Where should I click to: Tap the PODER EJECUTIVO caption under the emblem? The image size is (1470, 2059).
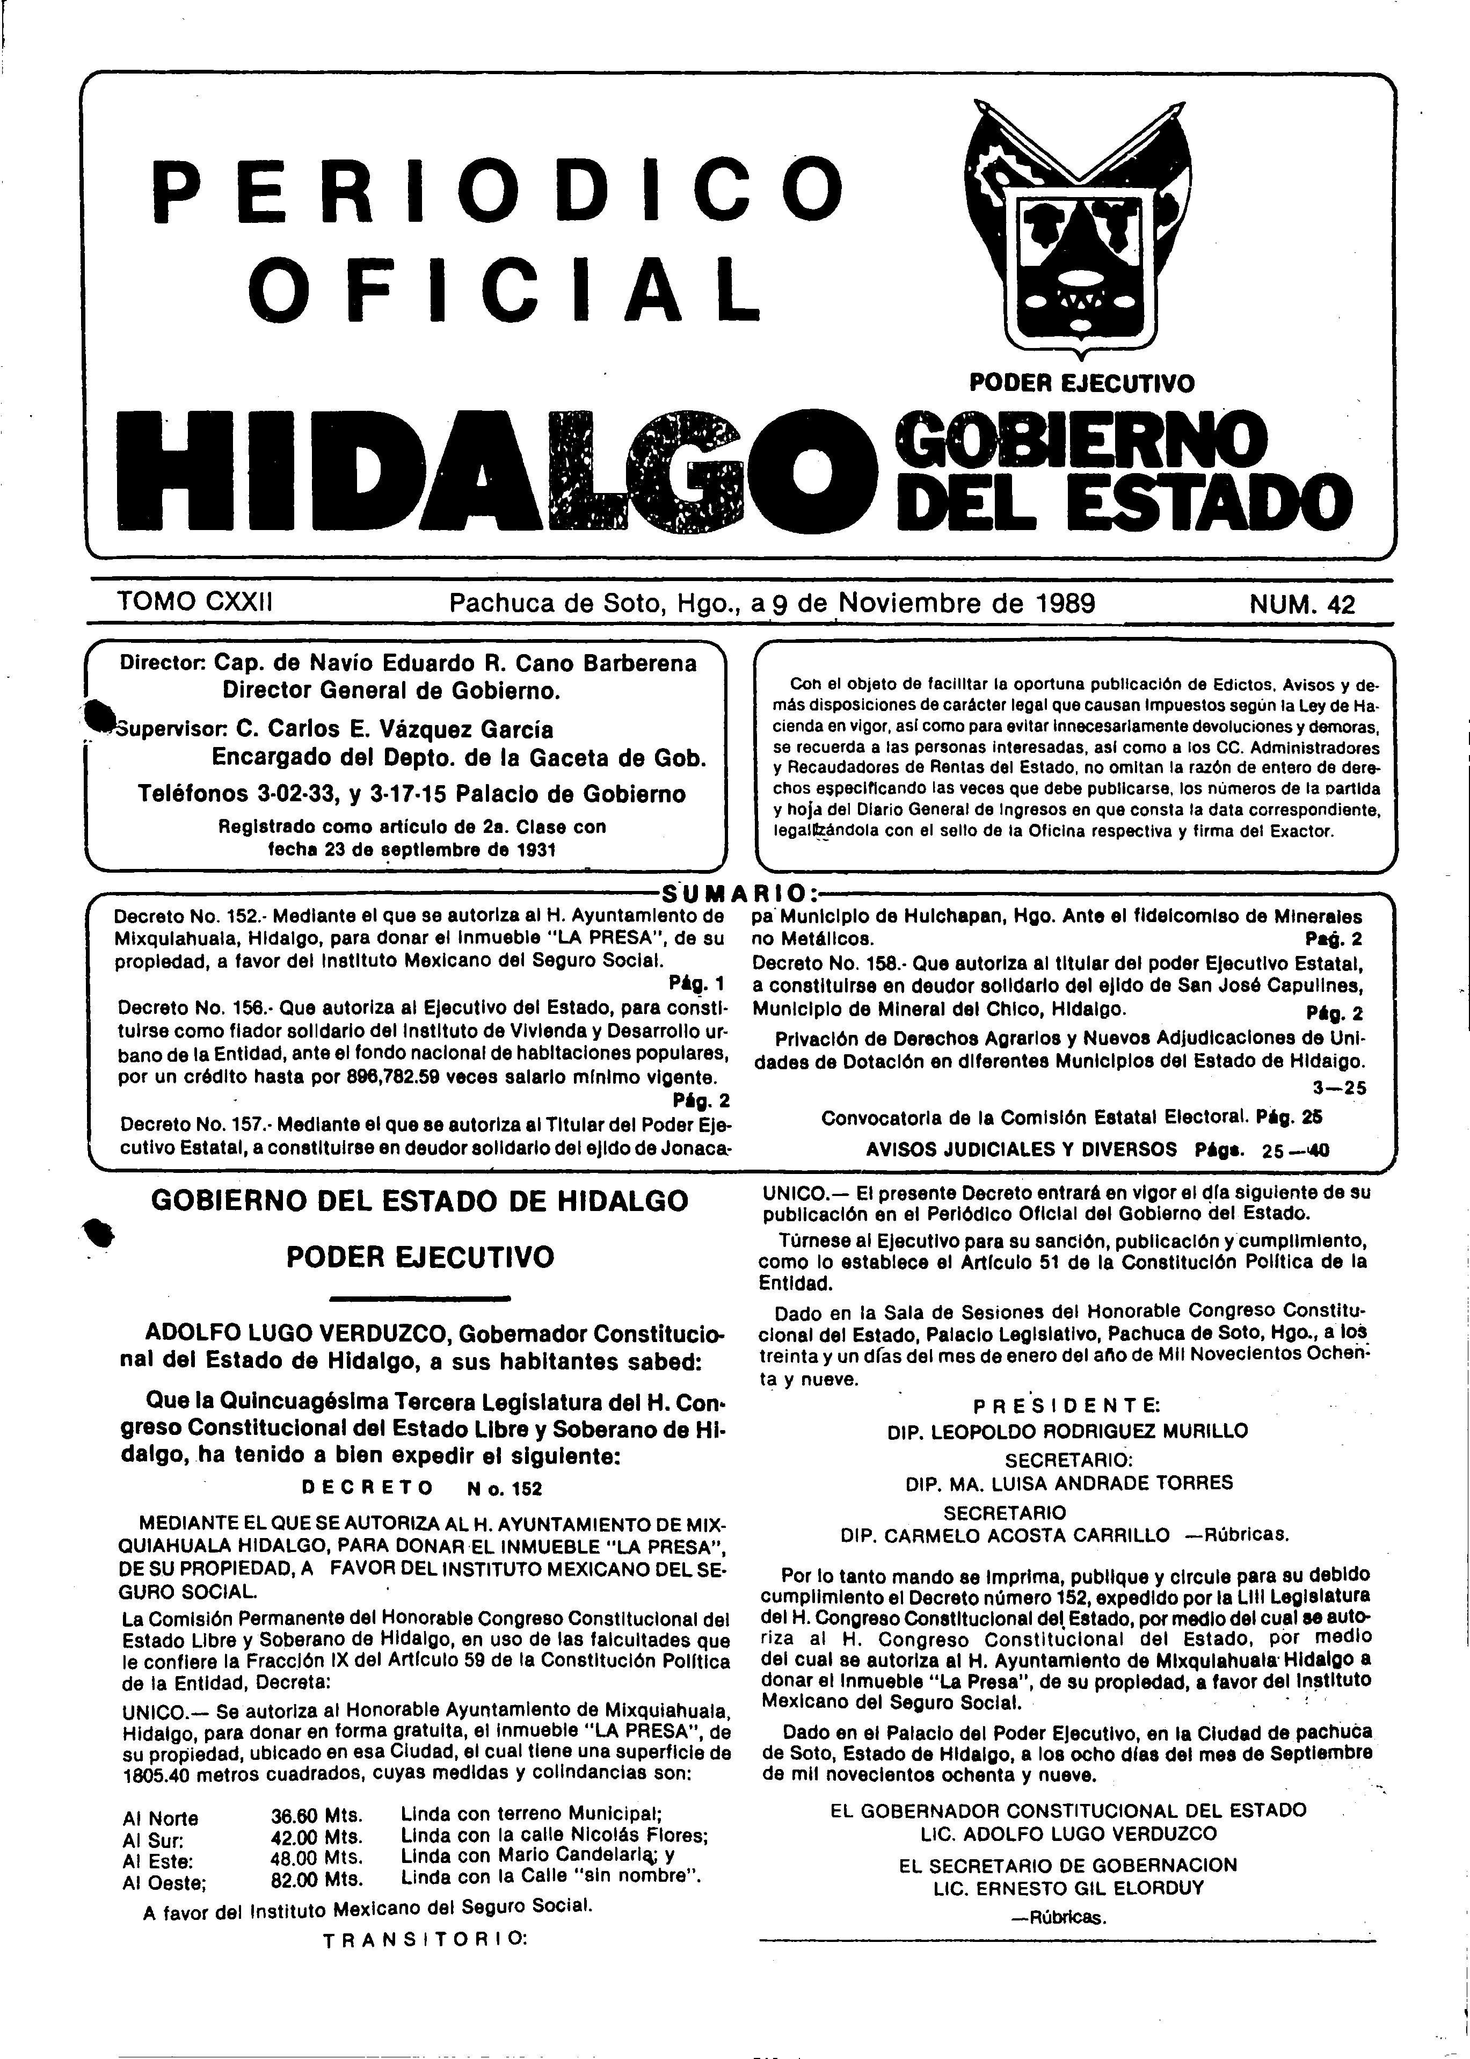pyautogui.click(x=1082, y=384)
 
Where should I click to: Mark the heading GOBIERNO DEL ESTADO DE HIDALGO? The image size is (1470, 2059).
pyautogui.click(x=419, y=1201)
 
